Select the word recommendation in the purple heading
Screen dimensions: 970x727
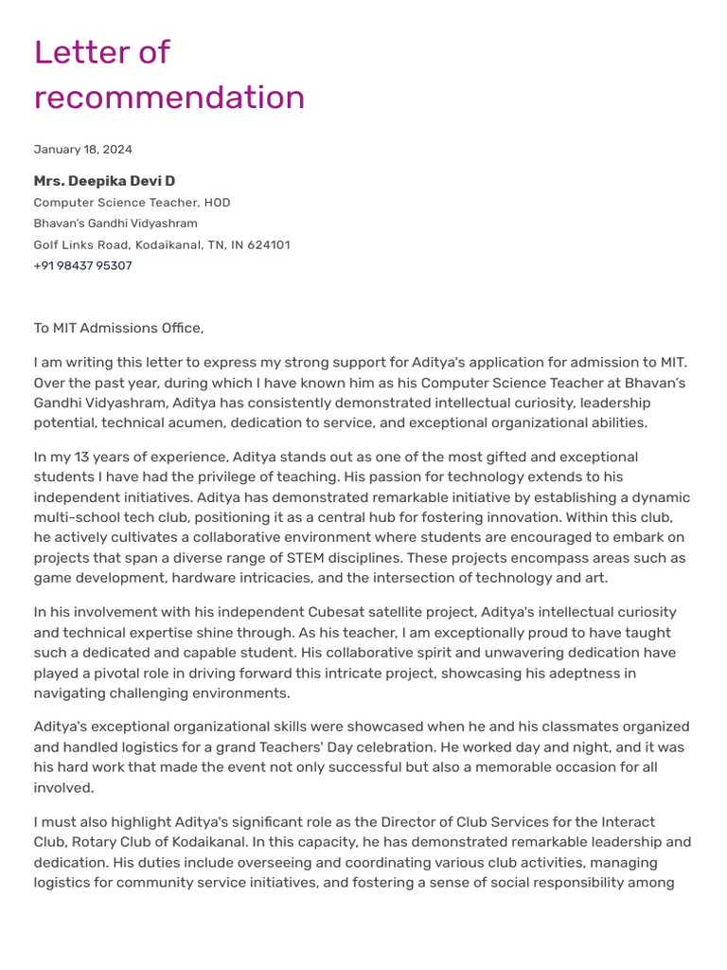169,98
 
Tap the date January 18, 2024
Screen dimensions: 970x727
83,150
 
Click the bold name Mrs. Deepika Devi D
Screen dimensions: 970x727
104,181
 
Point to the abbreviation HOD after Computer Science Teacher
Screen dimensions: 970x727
218,203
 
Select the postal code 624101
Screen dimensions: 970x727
269,244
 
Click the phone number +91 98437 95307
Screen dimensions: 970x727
83,266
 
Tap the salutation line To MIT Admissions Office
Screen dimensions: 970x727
118,329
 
